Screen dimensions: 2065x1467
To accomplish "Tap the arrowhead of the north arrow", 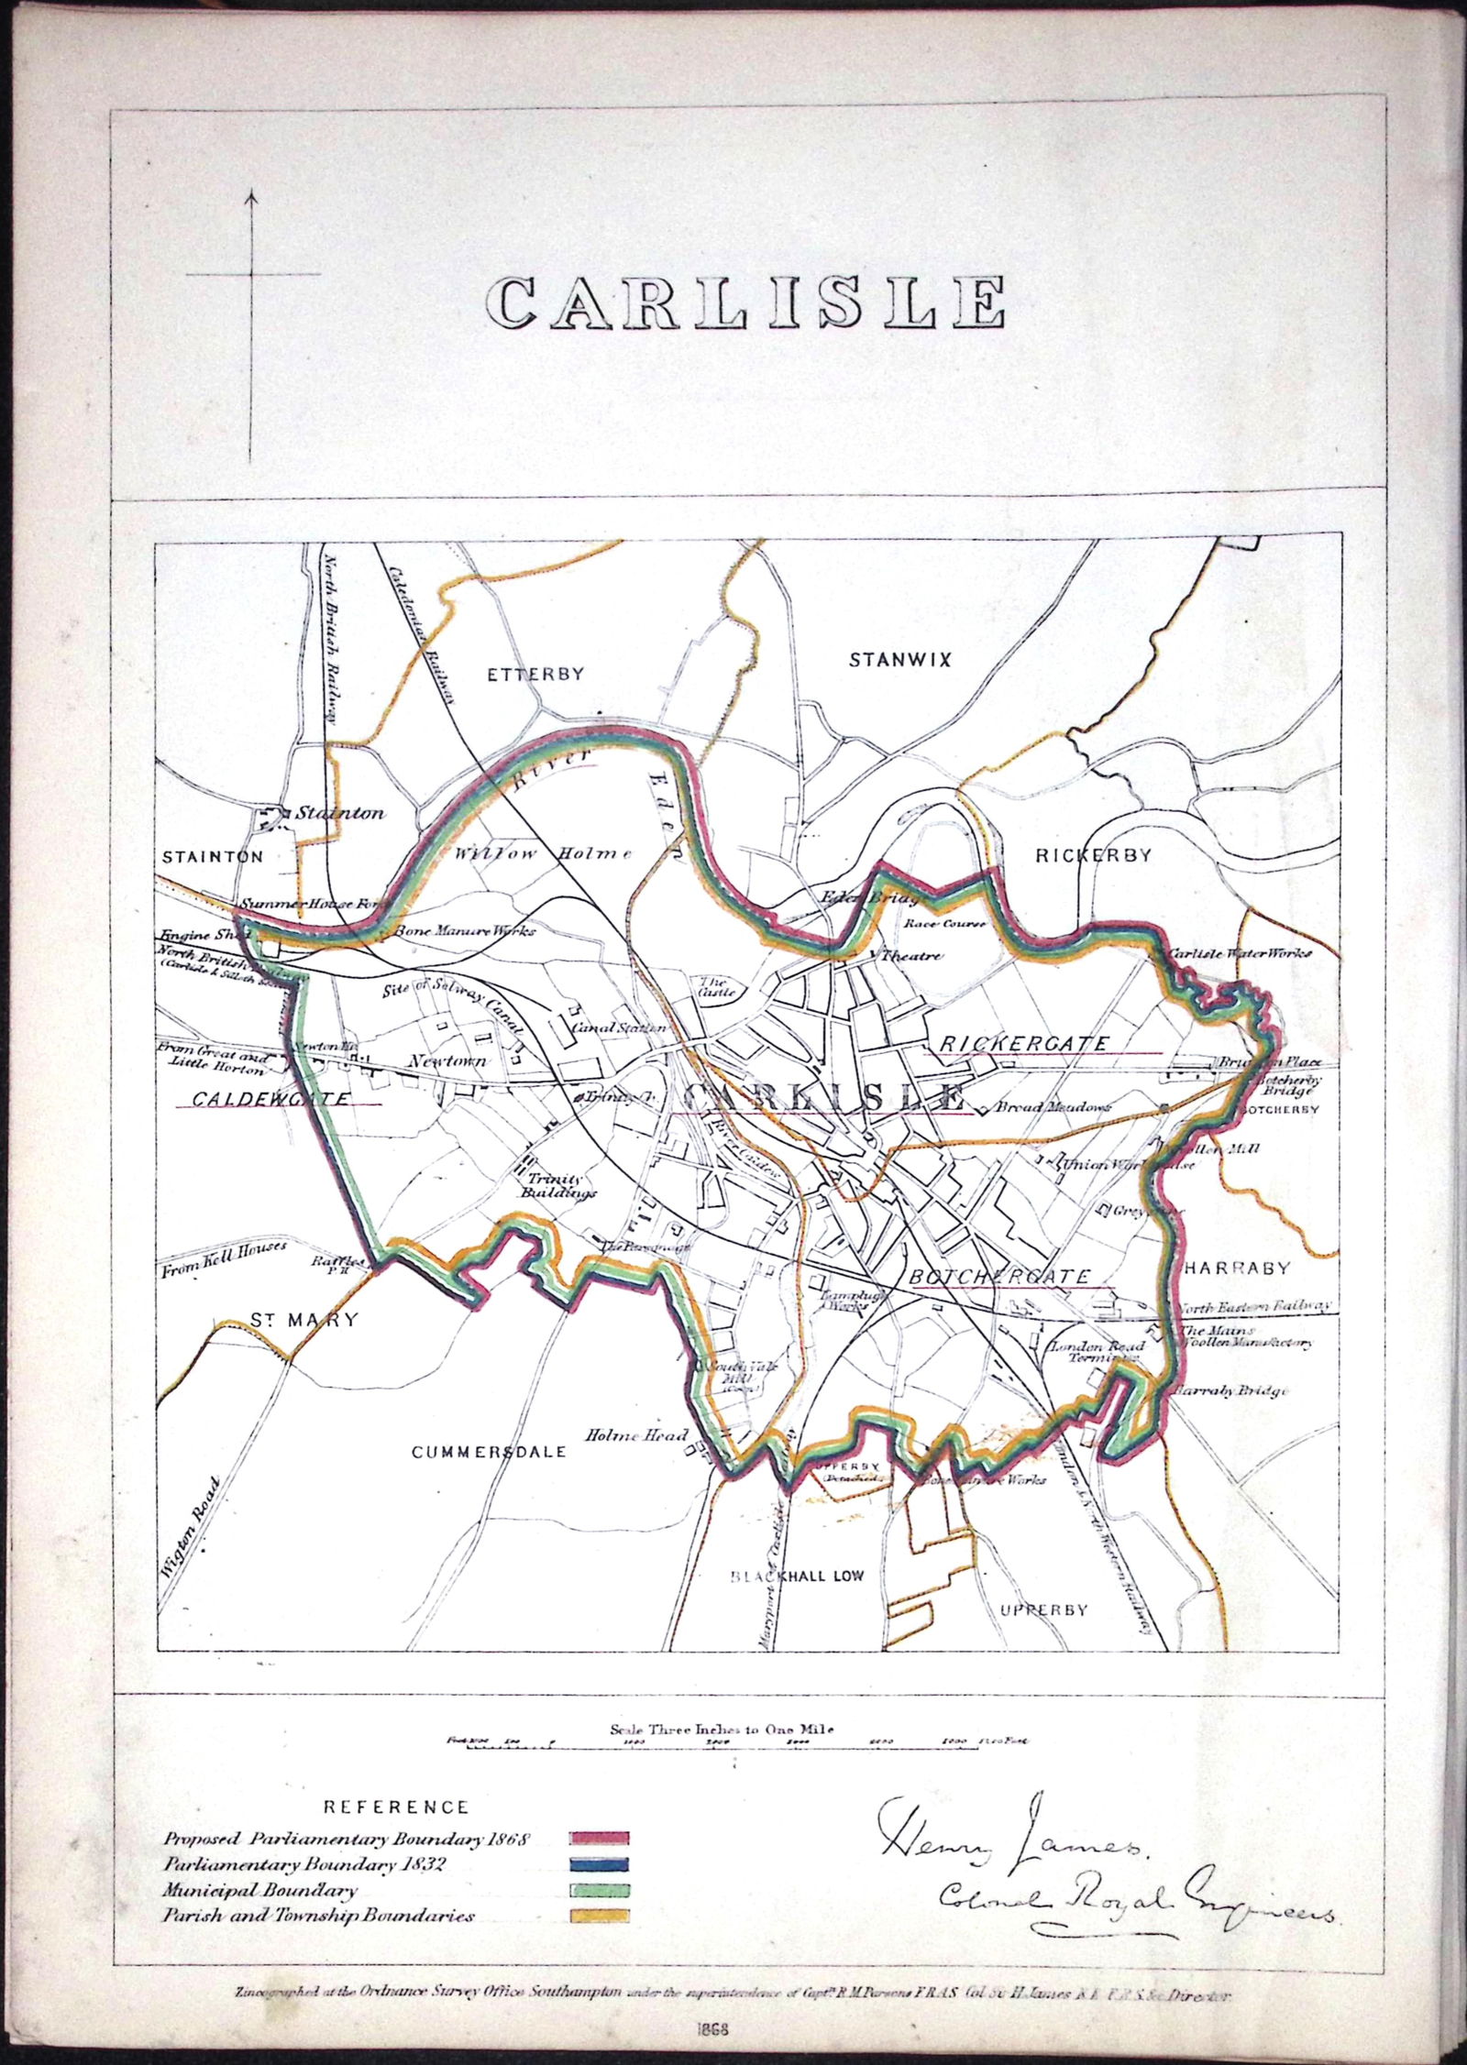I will (x=253, y=194).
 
